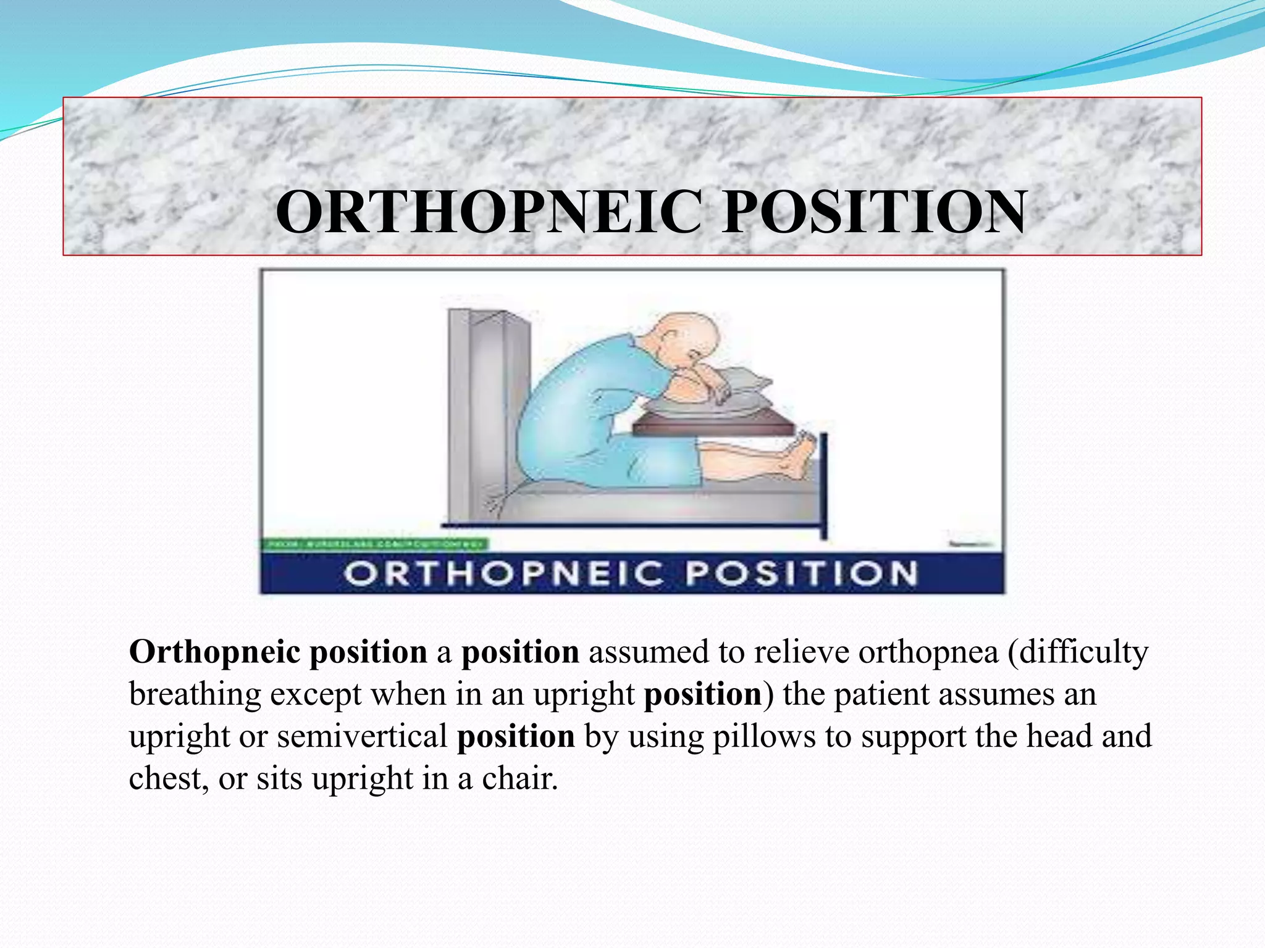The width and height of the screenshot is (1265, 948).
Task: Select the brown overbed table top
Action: click(710, 426)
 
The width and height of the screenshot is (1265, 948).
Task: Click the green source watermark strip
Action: click(375, 544)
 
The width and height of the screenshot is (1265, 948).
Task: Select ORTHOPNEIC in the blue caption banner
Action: click(503, 574)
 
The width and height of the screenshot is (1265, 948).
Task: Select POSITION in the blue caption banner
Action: click(801, 574)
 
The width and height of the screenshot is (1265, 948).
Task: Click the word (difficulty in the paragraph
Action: click(1078, 653)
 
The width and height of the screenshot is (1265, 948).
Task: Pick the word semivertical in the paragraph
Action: click(362, 737)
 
